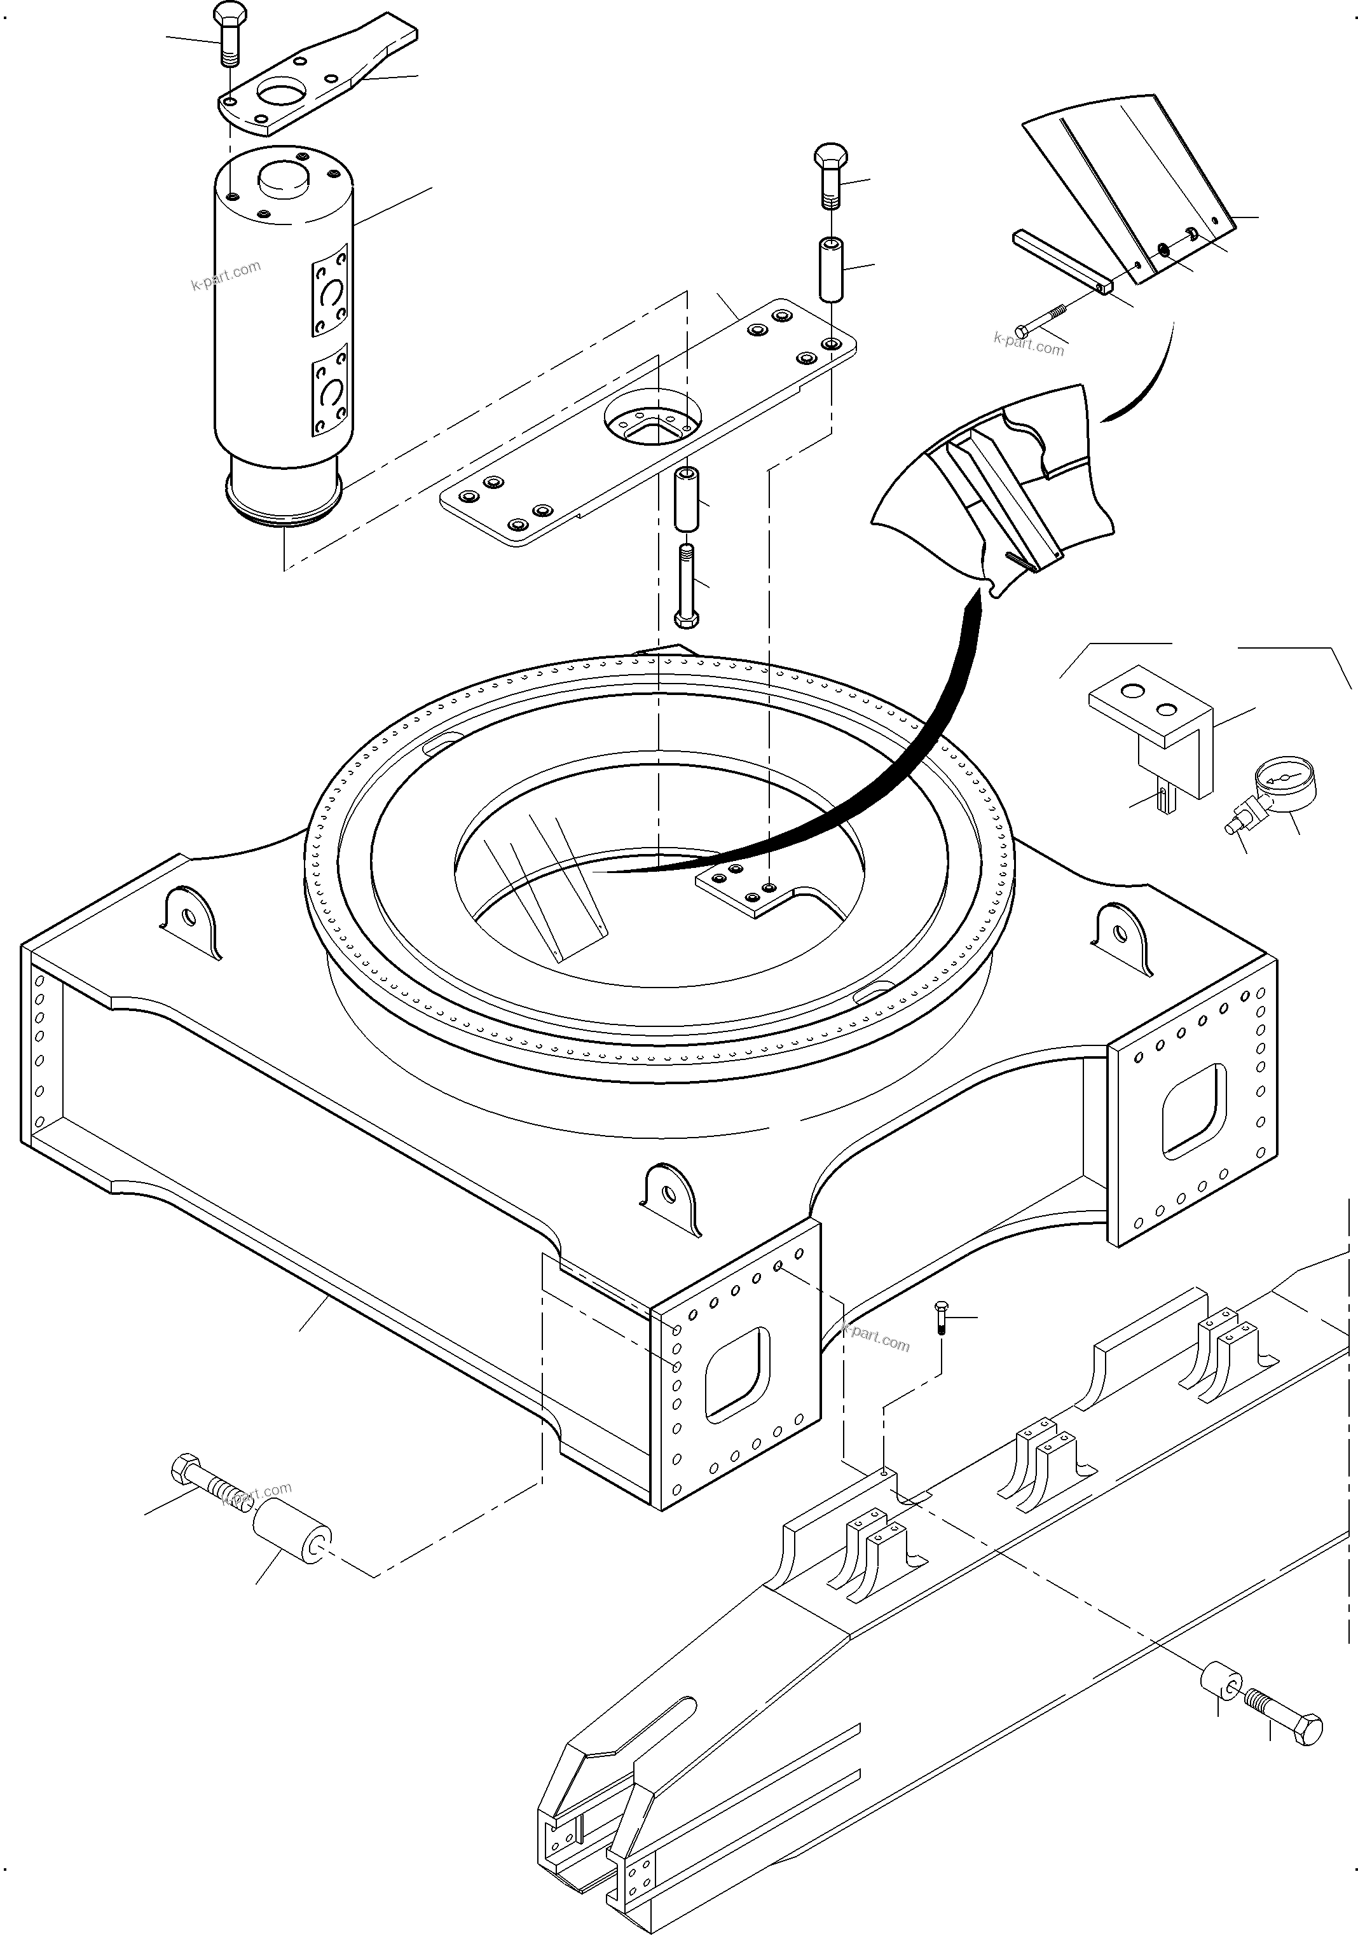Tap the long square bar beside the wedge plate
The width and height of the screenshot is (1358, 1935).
pyautogui.click(x=1062, y=262)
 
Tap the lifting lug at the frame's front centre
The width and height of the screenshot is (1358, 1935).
pyautogui.click(x=671, y=1199)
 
